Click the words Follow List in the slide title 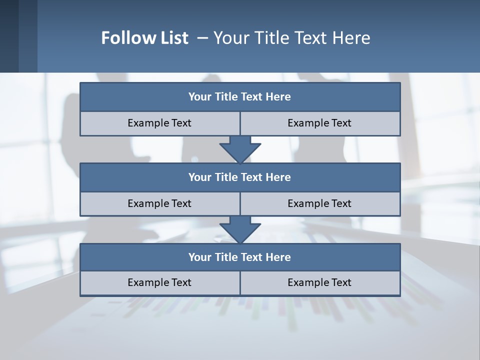[x=144, y=38]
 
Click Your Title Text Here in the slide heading [x=292, y=38]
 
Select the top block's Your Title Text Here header [x=239, y=97]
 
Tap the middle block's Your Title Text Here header [x=239, y=177]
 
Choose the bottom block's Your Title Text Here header [x=239, y=257]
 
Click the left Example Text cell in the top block [x=159, y=123]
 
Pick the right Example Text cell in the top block [x=319, y=123]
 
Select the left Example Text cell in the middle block [x=159, y=203]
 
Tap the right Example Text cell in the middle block [x=319, y=203]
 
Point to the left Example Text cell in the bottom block [x=159, y=282]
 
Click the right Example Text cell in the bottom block [x=319, y=282]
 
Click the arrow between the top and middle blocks [x=240, y=149]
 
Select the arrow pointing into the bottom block [x=240, y=229]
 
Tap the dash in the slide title [x=202, y=38]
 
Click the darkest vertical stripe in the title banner [x=9, y=36]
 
